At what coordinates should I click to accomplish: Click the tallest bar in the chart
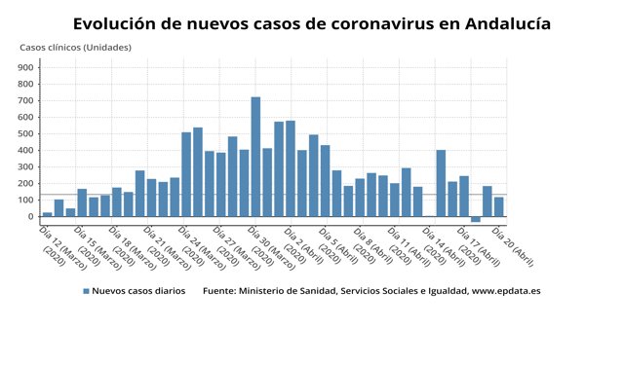[255, 156]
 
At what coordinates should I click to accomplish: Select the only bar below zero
[476, 219]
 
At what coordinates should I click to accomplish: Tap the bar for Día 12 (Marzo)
[47, 214]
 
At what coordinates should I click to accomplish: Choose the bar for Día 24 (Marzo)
[186, 174]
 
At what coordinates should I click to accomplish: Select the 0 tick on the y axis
[32, 216]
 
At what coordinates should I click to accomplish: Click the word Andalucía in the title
[496, 22]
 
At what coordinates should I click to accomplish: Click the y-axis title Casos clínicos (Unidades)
[76, 47]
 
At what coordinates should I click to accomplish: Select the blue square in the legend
[86, 291]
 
